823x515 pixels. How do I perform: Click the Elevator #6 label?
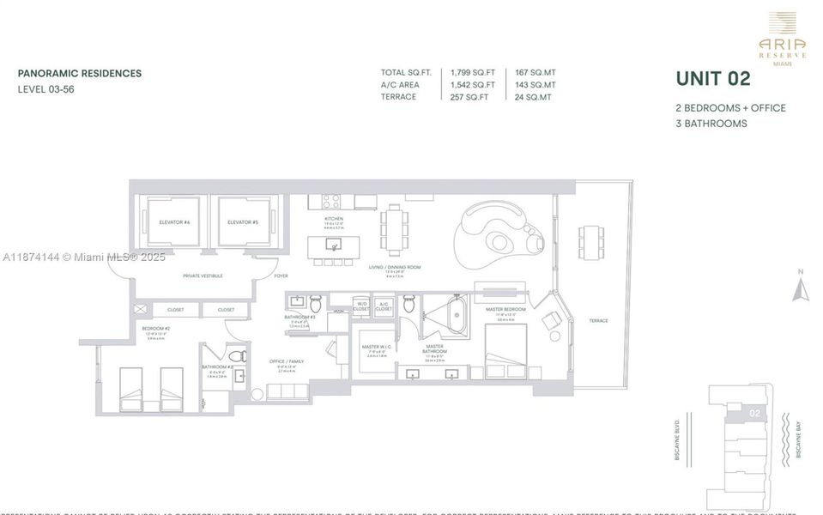point(173,222)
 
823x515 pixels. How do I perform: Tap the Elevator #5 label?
point(243,222)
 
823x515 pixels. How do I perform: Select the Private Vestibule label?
point(203,276)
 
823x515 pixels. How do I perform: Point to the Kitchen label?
point(334,219)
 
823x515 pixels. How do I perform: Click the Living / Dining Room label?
point(395,268)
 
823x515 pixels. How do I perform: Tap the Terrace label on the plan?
point(598,321)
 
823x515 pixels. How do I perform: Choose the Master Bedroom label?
point(505,309)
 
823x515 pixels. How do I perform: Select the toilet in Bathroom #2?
point(237,354)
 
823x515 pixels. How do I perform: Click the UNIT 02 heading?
point(713,79)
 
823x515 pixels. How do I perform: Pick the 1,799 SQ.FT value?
point(473,73)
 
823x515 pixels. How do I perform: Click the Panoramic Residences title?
point(80,74)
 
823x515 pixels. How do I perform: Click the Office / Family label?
point(287,361)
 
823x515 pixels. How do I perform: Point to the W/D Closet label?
point(361,306)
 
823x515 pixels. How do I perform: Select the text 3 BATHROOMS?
point(711,124)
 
